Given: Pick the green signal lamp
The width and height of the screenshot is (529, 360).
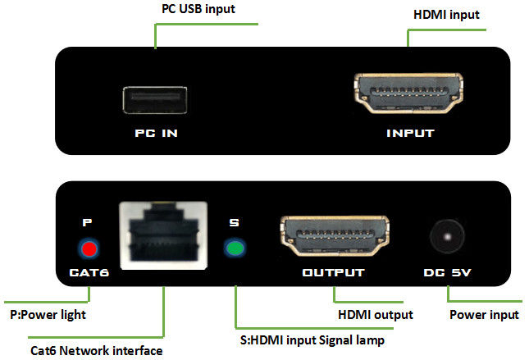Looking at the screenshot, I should pos(235,248).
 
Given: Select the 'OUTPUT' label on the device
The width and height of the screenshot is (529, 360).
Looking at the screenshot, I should pos(333,273).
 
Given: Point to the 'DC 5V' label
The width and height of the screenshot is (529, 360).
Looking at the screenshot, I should pos(448,273).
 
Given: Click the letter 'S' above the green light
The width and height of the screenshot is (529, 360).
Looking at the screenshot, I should pos(235,222).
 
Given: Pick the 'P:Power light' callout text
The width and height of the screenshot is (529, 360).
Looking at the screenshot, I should pos(47,314).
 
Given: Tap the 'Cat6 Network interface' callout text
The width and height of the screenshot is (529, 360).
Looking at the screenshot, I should pos(96,350).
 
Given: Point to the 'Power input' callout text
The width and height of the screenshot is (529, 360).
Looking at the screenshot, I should pos(484,314).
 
